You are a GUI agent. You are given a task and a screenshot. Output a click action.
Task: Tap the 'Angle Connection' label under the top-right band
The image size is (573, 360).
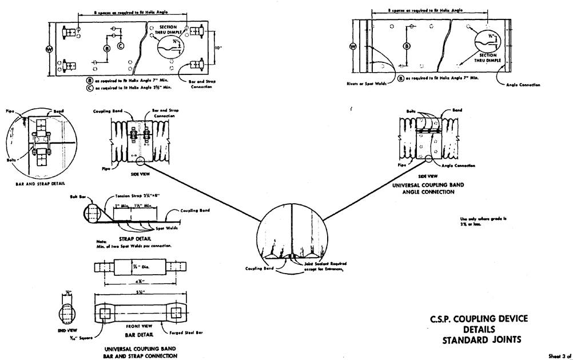pyautogui.click(x=523, y=85)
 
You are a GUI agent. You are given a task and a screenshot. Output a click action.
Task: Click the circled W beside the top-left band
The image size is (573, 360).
pyautogui.click(x=49, y=49)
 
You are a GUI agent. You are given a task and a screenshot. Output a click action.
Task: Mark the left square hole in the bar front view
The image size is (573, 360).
pyautogui.click(x=105, y=312)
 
